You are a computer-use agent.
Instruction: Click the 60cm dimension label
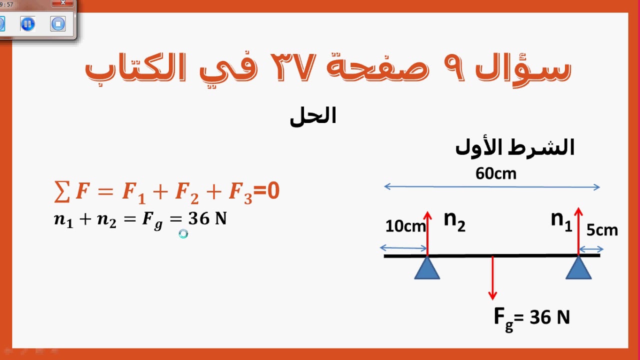click(495, 173)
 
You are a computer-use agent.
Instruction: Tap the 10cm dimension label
click(405, 226)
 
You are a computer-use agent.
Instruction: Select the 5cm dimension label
click(602, 230)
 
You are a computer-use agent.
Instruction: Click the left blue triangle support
click(427, 268)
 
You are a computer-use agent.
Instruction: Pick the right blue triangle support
click(578, 268)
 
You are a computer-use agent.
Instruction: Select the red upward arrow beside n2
click(427, 232)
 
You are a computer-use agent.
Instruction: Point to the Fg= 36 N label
click(531, 317)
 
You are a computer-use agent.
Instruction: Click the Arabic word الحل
click(313, 116)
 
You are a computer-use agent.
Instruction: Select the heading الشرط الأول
click(514, 147)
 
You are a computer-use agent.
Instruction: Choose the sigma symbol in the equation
click(61, 192)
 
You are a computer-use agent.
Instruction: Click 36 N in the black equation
click(207, 219)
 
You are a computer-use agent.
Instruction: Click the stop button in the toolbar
click(58, 23)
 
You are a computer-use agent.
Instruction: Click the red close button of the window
click(63, 3)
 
